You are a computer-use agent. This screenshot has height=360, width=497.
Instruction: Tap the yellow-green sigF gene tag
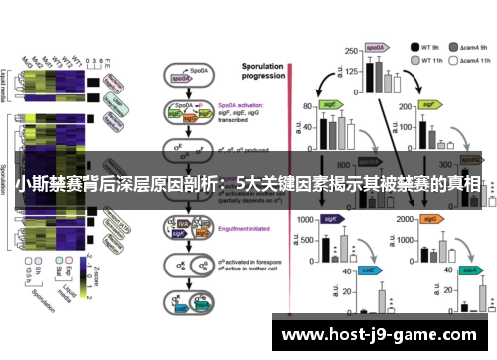[430, 102]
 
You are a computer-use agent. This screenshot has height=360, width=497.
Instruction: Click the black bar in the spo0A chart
[369, 75]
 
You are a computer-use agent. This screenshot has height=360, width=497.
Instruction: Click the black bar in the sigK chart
[325, 249]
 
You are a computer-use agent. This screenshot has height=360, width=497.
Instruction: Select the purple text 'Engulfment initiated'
[240, 227]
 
